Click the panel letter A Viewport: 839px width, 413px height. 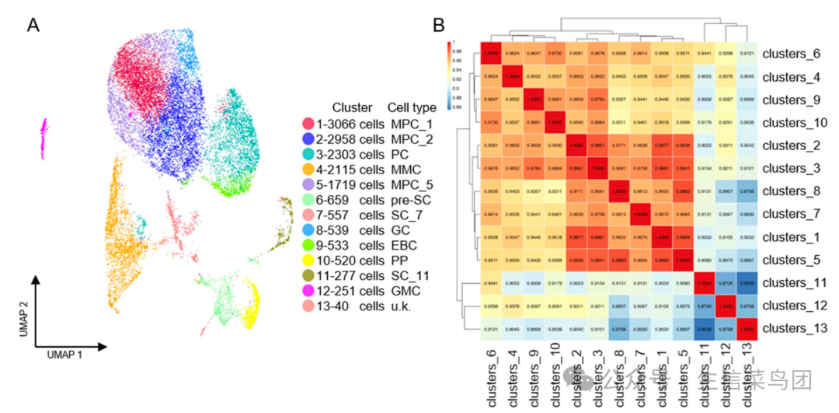point(33,25)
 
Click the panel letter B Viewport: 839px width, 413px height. point(439,25)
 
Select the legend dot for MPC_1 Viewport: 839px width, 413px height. point(308,124)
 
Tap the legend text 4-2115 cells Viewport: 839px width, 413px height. point(347,168)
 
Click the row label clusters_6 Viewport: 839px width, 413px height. point(792,54)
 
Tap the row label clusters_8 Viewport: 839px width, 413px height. point(792,191)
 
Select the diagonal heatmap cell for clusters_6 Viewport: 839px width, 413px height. point(491,54)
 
